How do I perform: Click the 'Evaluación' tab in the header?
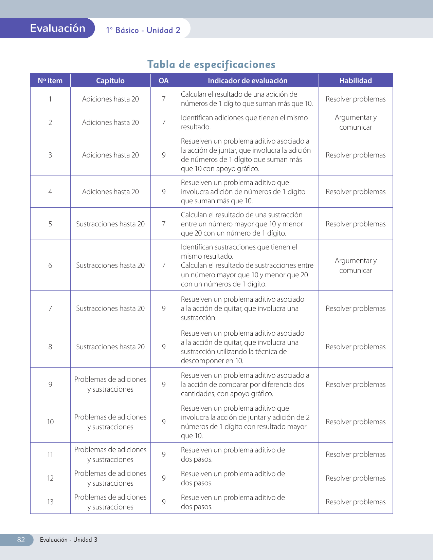point(57,28)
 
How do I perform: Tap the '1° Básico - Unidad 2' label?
point(143,30)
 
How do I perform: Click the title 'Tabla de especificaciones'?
point(211,64)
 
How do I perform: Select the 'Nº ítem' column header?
point(50,81)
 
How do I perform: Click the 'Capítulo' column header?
point(110,81)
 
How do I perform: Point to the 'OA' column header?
point(164,81)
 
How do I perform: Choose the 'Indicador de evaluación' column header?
point(248,81)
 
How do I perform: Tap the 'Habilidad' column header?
point(356,81)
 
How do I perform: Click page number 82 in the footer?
point(21,540)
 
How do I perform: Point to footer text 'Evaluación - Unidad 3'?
point(69,540)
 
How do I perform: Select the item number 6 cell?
point(50,265)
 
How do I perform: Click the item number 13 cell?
point(50,502)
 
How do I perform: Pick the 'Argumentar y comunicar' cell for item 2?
point(356,122)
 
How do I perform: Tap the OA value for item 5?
point(164,224)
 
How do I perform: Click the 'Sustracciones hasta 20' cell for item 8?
point(110,347)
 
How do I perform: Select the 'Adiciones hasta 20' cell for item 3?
point(110,155)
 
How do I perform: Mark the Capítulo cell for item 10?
point(110,422)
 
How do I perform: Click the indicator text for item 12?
point(233,478)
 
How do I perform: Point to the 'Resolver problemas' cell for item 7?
point(356,309)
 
